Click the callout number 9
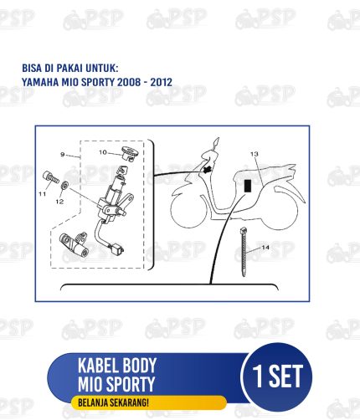63,154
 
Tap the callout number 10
103,152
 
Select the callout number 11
42,194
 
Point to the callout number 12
59,202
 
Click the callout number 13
255,154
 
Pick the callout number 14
265,247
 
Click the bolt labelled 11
51,177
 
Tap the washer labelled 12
65,185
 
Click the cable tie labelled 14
244,252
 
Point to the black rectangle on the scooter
248,186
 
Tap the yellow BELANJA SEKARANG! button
149,402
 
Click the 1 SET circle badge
277,376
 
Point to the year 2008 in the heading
129,82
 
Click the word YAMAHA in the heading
40,82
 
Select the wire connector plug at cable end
117,248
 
